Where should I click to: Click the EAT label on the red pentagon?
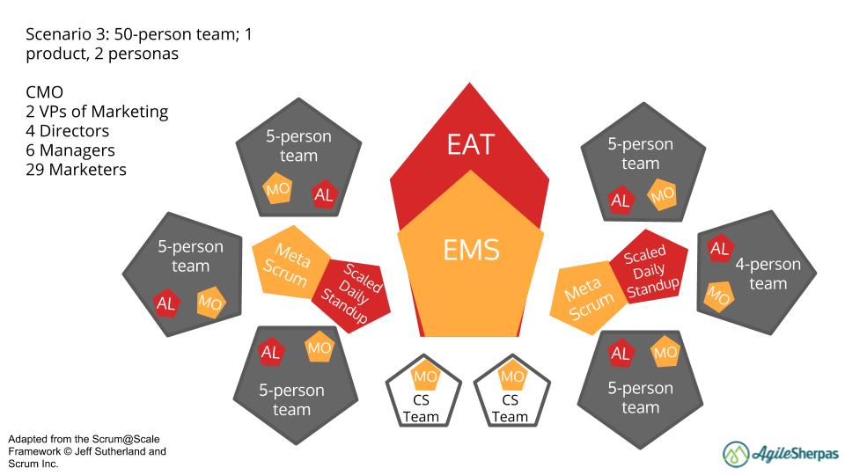pos(470,143)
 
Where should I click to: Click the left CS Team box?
pos(422,393)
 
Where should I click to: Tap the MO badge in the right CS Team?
pos(511,376)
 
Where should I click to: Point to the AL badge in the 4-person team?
pos(719,249)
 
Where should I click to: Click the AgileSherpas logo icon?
pos(737,453)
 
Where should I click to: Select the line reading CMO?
pos(44,92)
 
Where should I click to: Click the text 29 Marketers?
pos(77,170)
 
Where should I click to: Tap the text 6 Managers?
pos(70,150)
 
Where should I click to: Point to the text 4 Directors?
pos(68,131)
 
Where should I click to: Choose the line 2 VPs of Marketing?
pos(97,112)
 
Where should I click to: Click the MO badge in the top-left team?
pos(278,191)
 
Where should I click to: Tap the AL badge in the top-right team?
pos(621,201)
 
